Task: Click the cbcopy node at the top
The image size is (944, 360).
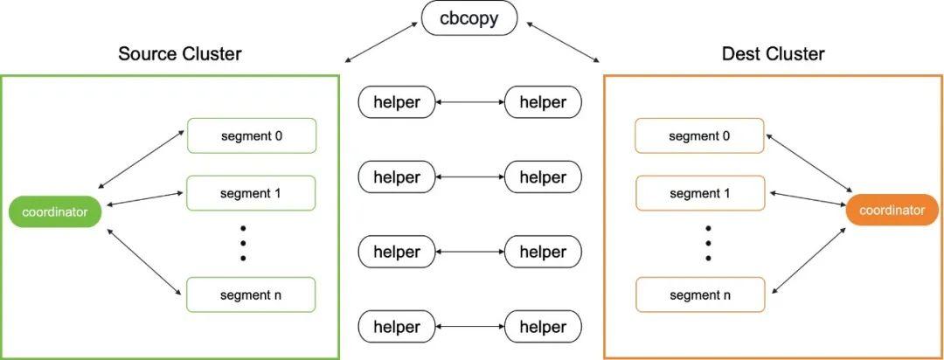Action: (x=469, y=18)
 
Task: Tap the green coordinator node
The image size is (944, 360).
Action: (x=55, y=212)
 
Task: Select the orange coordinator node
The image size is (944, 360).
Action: (x=892, y=211)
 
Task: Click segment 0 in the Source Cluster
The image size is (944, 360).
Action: (x=251, y=135)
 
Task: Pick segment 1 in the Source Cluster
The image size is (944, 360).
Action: (x=251, y=193)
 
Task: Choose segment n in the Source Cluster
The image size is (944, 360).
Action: (x=251, y=295)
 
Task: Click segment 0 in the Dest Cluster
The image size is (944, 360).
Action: (x=699, y=136)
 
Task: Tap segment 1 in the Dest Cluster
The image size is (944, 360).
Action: (x=699, y=194)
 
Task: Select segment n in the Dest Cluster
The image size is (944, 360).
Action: (x=699, y=295)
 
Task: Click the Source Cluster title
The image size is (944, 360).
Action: (x=180, y=53)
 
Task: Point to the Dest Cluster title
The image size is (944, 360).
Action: (x=773, y=53)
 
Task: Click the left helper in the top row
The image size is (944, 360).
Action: (x=396, y=102)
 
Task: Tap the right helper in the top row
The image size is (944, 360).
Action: (x=543, y=102)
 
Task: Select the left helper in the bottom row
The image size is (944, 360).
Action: (x=396, y=327)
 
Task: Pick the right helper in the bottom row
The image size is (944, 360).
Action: (x=543, y=327)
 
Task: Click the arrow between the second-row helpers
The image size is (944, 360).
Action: (x=469, y=177)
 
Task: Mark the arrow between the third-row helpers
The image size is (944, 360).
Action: (x=469, y=253)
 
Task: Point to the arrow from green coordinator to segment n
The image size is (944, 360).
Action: (x=144, y=261)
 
